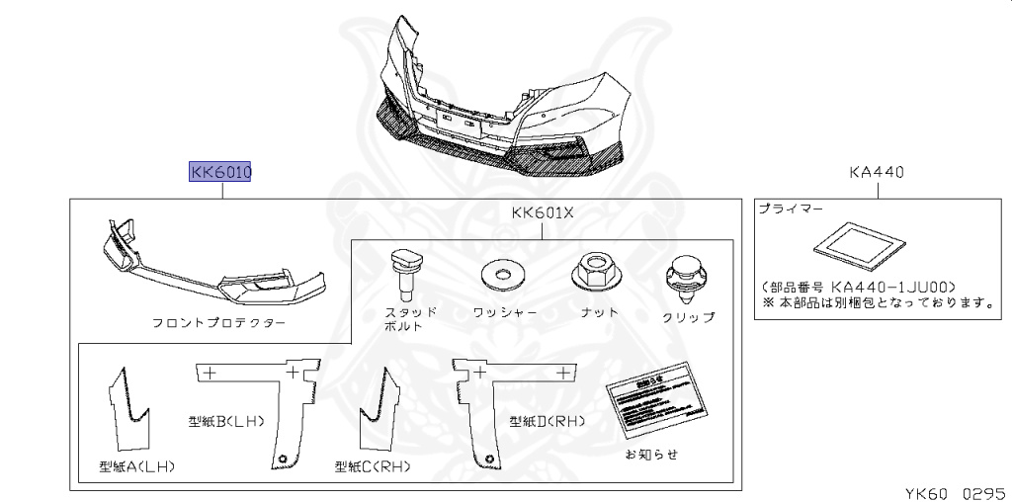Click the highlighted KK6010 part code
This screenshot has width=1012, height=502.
[x=221, y=173]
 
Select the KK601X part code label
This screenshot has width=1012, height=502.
[x=543, y=213]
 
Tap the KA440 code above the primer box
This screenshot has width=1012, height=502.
[x=877, y=173]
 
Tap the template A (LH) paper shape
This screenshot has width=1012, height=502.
[x=129, y=406]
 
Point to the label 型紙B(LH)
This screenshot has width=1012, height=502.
[x=226, y=420]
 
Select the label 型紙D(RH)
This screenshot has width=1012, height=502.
[x=548, y=420]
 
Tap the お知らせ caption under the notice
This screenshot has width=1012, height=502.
[x=651, y=455]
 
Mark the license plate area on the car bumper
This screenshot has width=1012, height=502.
[x=462, y=121]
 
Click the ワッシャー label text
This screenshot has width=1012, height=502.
[x=505, y=312]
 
